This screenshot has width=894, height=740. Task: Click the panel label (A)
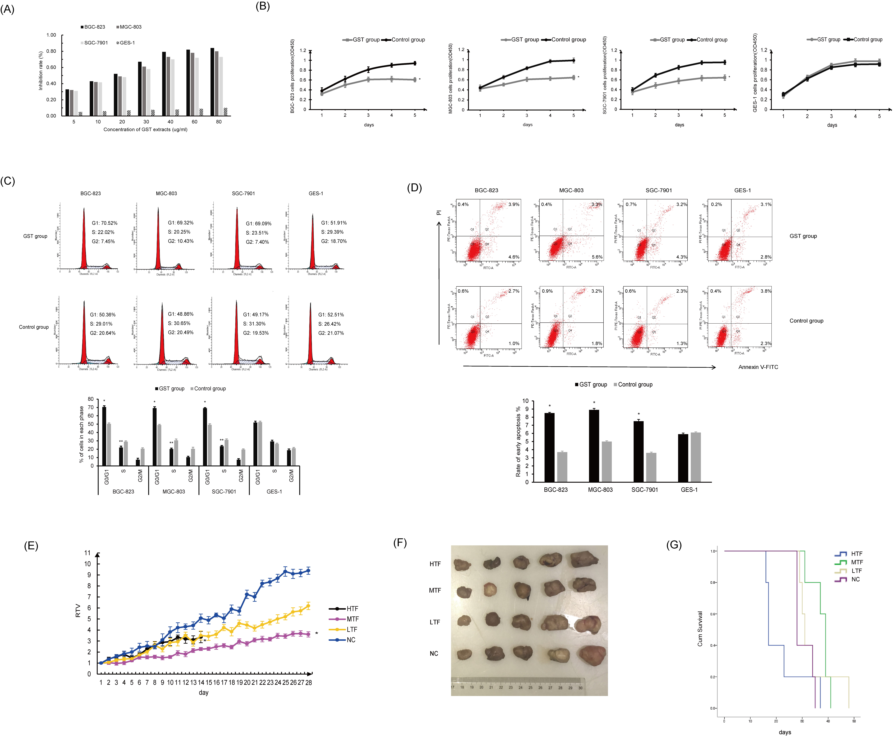click(x=7, y=9)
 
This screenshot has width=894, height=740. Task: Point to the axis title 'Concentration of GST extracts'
click(x=145, y=129)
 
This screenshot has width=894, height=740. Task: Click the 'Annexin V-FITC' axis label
click(x=758, y=367)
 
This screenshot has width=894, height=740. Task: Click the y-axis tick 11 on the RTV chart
click(x=87, y=553)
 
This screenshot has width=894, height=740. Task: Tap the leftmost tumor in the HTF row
click(x=462, y=565)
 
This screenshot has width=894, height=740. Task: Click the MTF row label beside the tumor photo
click(x=435, y=590)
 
